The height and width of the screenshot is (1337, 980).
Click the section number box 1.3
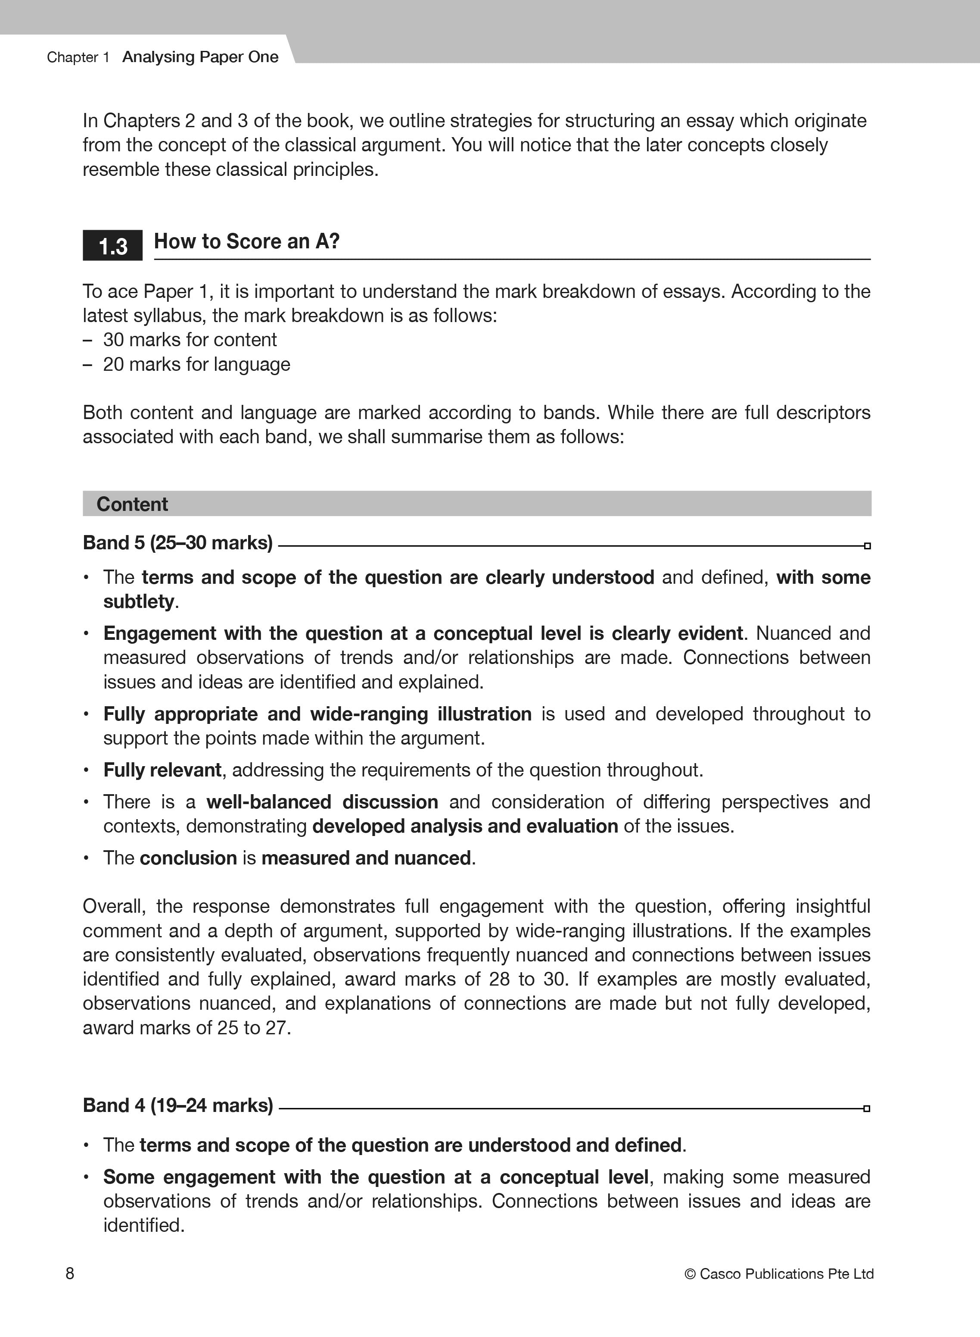coord(113,246)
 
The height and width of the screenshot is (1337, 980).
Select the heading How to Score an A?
coord(246,241)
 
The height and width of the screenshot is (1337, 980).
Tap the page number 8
coord(70,1274)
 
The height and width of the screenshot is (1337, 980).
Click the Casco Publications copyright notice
coord(778,1274)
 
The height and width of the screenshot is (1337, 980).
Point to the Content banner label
coord(132,504)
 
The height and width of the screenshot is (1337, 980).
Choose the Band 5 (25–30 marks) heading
coord(177,543)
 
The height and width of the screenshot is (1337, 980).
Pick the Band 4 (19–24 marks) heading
coord(177,1105)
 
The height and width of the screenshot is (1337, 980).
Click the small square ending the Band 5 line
coord(867,545)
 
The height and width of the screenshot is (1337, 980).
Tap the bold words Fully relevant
coord(162,770)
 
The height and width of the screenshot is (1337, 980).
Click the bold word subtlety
coord(139,601)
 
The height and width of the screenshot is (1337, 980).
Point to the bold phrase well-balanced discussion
coord(322,802)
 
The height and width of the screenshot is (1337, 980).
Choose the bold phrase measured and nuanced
coord(366,858)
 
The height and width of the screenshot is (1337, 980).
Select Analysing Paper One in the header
coord(200,57)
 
